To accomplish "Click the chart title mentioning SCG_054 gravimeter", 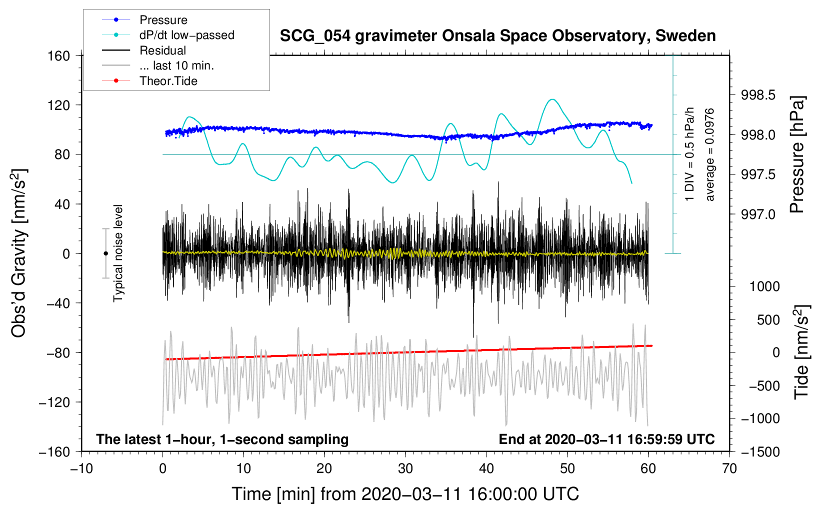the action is point(497,35).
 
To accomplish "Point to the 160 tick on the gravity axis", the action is point(59,56).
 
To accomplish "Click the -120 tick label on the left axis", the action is point(54,402).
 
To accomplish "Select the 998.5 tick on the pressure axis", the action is point(758,95).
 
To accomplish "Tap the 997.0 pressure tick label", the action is point(758,214).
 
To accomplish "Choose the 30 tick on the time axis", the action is point(405,469).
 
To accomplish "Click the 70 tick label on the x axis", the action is point(729,469).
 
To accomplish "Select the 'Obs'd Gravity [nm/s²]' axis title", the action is point(19,253).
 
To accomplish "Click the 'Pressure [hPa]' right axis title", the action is point(797,154).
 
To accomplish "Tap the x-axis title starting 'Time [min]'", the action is point(405,494).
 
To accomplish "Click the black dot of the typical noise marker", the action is point(105,253).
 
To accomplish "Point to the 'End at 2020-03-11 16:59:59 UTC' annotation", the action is point(606,439).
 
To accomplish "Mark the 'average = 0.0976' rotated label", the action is point(709,155).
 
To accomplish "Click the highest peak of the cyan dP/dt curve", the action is point(552,99).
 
